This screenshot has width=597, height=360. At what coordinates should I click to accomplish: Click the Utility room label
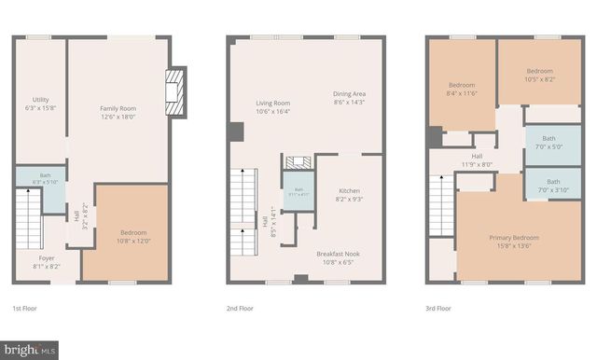coord(40,104)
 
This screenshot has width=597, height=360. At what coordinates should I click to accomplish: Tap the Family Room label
coord(118,113)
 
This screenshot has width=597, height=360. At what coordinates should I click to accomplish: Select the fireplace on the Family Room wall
coord(174,93)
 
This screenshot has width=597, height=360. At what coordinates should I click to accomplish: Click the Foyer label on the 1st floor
coord(47,261)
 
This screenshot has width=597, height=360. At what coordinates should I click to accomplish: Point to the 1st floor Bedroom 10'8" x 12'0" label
coord(132,237)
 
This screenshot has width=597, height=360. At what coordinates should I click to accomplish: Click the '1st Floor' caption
coord(25,308)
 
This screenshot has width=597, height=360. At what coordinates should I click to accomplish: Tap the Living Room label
coord(273,107)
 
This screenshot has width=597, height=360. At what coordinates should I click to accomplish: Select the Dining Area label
coord(350,98)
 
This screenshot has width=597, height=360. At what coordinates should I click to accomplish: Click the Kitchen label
coord(349,194)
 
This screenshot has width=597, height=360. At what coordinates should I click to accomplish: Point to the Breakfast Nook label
coord(339,257)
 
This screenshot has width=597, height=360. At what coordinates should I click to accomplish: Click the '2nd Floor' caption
coord(240,308)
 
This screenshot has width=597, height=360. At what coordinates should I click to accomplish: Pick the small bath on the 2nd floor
coord(298,192)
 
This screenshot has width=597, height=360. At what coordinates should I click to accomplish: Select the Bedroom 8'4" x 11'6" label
coord(461,89)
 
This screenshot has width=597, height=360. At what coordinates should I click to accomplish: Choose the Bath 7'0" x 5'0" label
coord(554,142)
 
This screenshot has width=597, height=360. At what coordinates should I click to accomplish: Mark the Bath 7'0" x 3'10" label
coord(554,186)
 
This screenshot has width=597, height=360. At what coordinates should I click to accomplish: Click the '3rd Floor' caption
coord(438,308)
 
